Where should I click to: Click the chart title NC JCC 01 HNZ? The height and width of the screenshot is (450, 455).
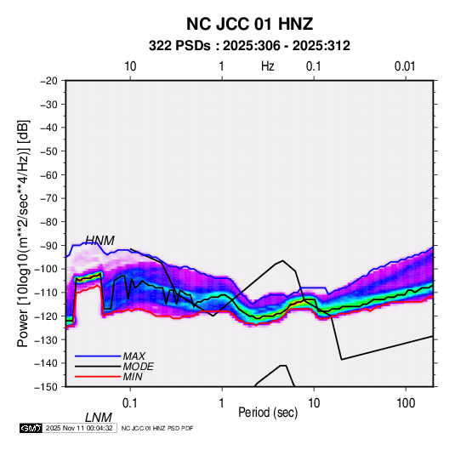249,24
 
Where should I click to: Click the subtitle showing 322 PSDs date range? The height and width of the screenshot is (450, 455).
249,46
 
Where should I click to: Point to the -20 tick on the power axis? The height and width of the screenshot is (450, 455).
48,81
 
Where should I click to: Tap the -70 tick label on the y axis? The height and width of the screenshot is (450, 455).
48,198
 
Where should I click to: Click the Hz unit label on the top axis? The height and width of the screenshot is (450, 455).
268,66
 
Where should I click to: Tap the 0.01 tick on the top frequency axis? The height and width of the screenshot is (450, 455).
405,66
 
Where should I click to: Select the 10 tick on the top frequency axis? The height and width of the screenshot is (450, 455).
130,66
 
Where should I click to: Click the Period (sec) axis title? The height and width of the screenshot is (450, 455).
268,413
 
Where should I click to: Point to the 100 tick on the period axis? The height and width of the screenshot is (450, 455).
406,403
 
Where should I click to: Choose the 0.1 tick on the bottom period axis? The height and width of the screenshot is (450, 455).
130,403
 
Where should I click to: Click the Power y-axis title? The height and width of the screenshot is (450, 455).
23,233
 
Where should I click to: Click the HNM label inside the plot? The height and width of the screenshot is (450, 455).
100,241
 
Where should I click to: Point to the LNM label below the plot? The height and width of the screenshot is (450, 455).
99,418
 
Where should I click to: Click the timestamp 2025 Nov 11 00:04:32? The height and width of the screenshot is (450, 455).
79,428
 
